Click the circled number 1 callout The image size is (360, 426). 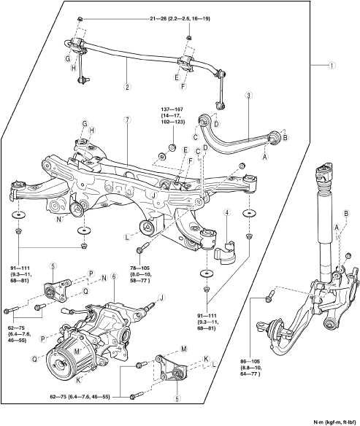coord(332,65)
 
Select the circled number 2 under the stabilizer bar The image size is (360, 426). coord(127,87)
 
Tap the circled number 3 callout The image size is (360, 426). coord(248,96)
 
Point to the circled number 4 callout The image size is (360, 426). coord(227,212)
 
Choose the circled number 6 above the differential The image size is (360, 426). coord(114,276)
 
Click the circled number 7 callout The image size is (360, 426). coord(127,120)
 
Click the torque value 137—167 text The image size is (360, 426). coord(173,109)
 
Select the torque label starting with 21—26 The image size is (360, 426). coord(180,18)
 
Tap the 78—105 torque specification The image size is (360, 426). coord(139,268)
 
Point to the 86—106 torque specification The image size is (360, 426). coord(250,362)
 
